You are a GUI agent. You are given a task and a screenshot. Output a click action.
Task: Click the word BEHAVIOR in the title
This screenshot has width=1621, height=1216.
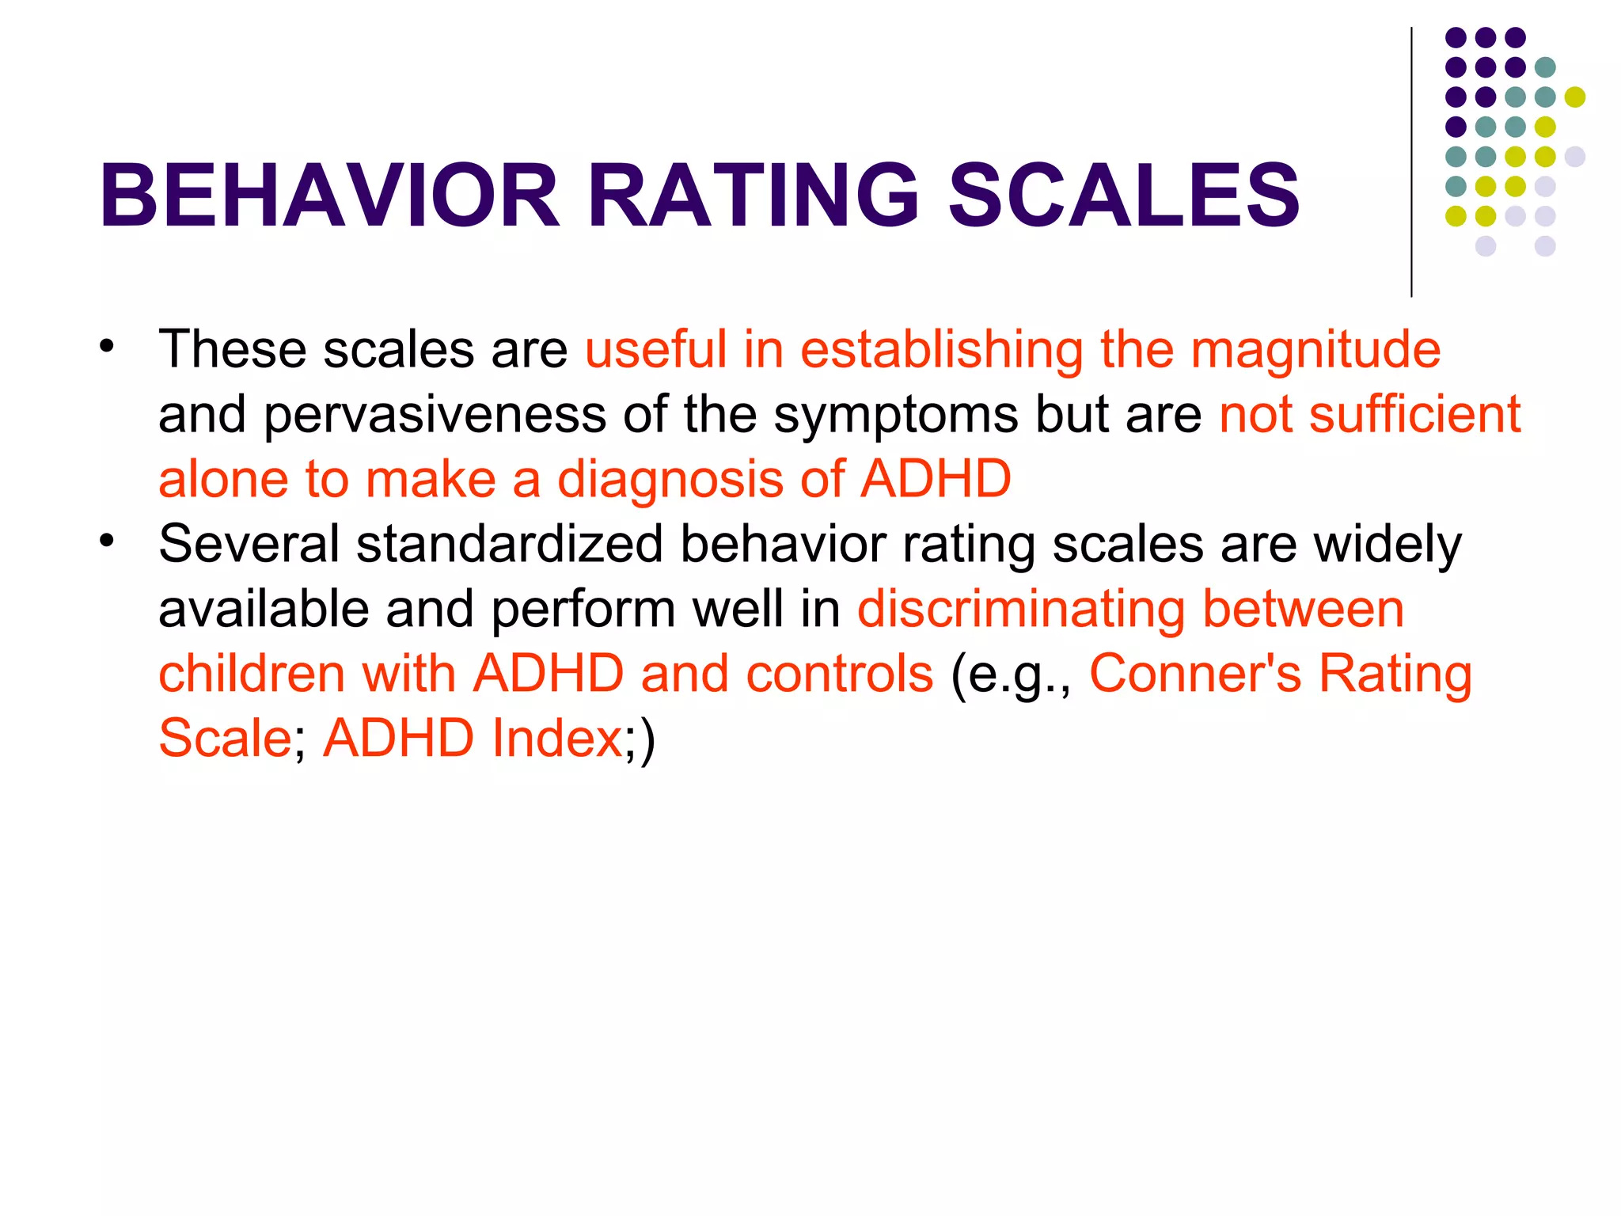(329, 195)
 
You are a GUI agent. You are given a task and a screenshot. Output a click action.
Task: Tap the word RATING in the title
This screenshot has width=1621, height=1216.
(753, 195)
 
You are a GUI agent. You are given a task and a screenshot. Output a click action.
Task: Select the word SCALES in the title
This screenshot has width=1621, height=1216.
(1124, 195)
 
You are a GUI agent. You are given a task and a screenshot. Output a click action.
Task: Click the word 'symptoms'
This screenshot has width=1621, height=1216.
(895, 414)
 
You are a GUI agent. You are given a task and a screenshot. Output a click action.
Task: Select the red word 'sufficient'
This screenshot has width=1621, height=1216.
(1414, 414)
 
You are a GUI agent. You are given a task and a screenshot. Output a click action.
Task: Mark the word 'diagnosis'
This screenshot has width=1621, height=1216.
(692, 479)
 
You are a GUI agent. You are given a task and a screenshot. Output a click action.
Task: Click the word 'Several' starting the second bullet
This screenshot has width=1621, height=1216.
(249, 544)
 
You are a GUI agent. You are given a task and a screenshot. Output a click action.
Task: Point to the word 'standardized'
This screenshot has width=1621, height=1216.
(509, 544)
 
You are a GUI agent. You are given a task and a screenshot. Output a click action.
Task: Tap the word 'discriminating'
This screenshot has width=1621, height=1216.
(1020, 609)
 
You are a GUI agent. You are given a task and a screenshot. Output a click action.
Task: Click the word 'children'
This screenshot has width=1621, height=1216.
(252, 674)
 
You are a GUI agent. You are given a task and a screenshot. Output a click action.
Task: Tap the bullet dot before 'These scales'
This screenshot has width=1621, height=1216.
(107, 346)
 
